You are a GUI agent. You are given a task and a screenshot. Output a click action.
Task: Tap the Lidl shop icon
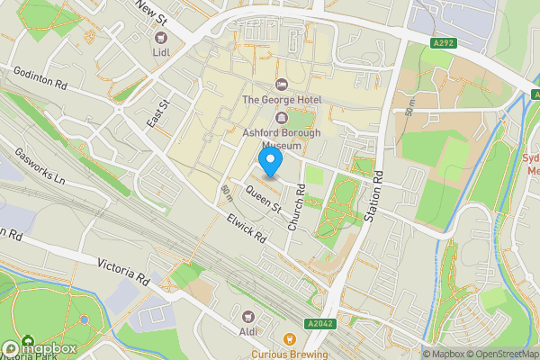coord(162,38)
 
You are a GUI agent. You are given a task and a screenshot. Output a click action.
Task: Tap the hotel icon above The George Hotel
coord(281,84)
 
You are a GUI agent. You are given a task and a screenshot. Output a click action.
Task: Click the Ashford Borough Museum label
coord(281,136)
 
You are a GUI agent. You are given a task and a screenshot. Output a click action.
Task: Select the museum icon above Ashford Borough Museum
coord(281,118)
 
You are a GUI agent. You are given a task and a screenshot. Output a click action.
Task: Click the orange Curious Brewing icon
coord(290,339)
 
